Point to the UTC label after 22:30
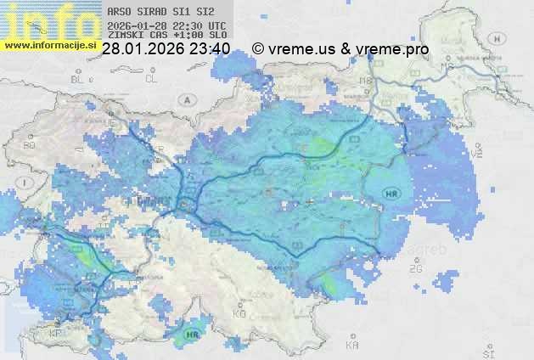pos(217,26)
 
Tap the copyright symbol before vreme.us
pos(258,49)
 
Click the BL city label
pos(79,78)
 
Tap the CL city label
pos(151,78)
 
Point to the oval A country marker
pos(186,99)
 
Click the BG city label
pos(29,145)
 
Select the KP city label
pos(55,333)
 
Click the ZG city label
pos(415,269)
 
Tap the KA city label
pos(351,346)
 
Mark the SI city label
pos(486,352)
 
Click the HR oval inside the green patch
pos(192,334)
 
